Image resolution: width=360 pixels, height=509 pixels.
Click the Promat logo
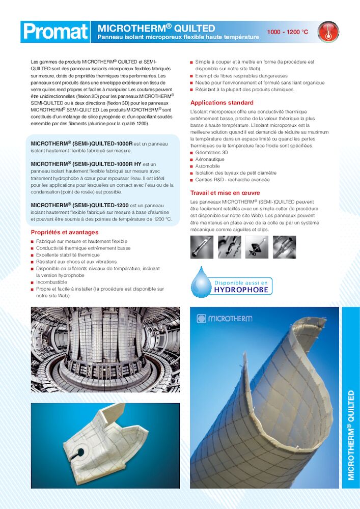tap(56, 32)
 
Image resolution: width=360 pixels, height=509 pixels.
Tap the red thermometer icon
tap(327, 32)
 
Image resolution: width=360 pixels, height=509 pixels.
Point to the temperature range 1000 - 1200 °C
tap(288, 32)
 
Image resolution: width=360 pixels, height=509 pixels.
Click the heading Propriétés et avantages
tap(65, 232)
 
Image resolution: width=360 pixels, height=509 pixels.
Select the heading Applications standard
tap(221, 103)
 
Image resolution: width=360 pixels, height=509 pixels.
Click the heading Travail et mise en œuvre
tap(225, 193)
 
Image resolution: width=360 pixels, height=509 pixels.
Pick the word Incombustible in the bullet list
tap(51, 281)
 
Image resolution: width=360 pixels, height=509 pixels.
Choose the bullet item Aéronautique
tap(210, 159)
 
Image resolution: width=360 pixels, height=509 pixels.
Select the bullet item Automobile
tap(208, 166)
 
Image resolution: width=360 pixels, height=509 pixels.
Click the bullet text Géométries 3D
tap(212, 152)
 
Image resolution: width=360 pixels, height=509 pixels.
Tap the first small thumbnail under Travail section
tap(202, 246)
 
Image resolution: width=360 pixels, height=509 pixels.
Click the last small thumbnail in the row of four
tap(284, 246)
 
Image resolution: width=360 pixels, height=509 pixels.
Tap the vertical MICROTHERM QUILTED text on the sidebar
tap(351, 435)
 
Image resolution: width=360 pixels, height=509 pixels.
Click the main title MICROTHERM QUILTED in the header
tap(156, 28)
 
